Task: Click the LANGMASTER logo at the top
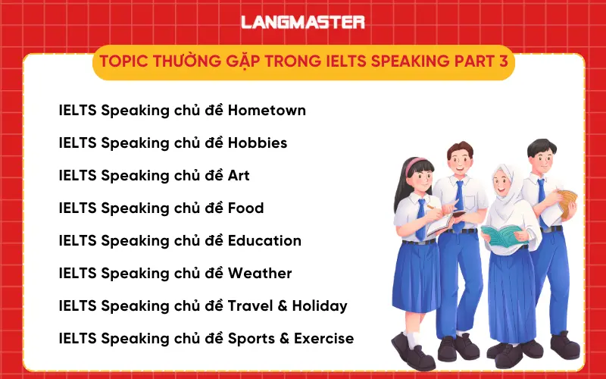[x=303, y=22]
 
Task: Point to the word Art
[x=239, y=176]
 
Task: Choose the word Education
[x=264, y=241]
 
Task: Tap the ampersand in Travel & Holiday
[x=285, y=306]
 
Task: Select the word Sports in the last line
[x=252, y=339]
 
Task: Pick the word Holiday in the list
[x=320, y=306]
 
